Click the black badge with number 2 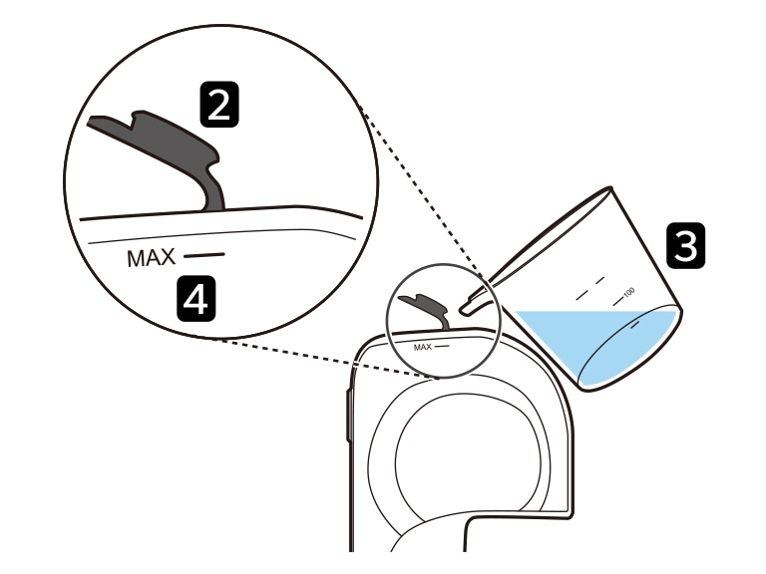tap(219, 105)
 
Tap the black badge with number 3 tap(686, 245)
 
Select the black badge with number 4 tap(195, 299)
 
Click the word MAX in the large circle tap(151, 258)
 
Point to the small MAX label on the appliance tap(423, 347)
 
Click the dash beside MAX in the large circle tap(204, 254)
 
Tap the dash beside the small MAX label tap(442, 346)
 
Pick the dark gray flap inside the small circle tap(426, 310)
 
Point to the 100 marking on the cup tap(628, 292)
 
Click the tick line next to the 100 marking tap(618, 301)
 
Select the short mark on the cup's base tap(635, 324)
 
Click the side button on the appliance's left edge tap(348, 415)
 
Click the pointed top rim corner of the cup tap(609, 188)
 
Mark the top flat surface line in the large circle tap(221, 212)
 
